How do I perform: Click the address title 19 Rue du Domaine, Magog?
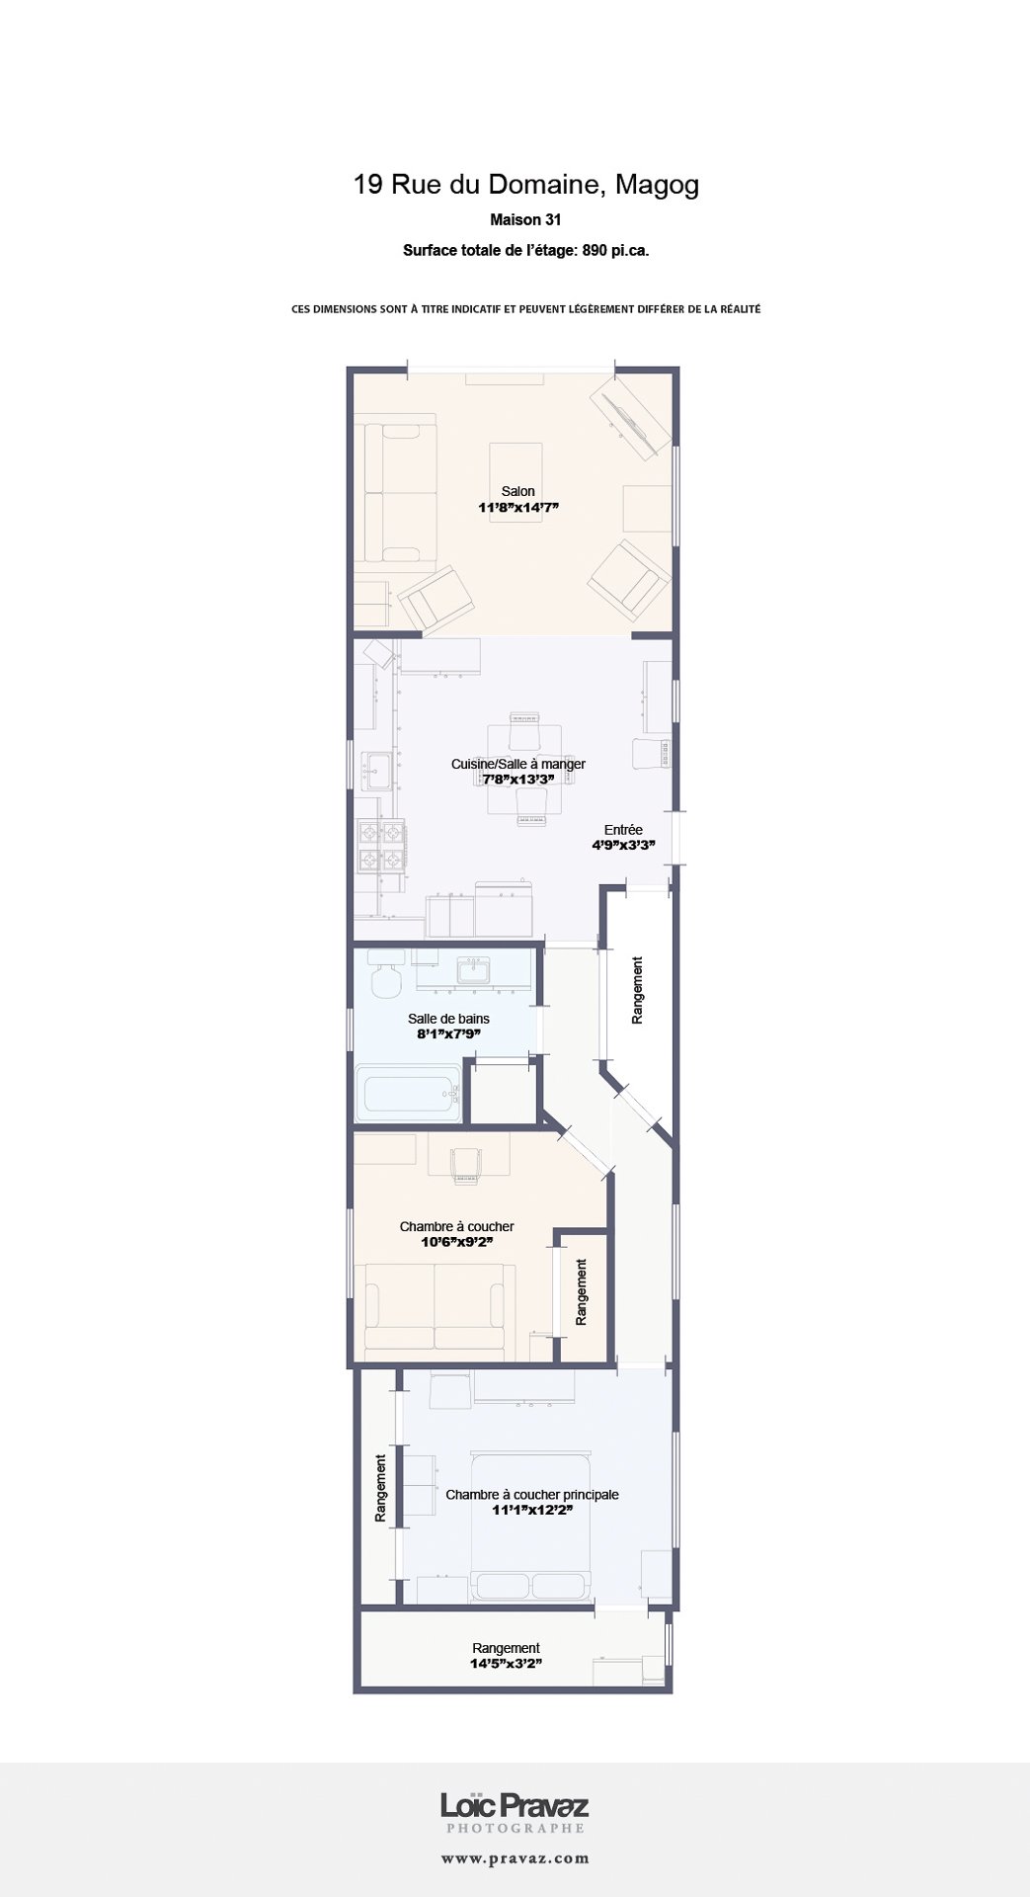(526, 185)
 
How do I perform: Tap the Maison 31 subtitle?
(525, 220)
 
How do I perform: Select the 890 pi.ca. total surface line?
(525, 251)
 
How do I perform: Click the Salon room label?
(518, 491)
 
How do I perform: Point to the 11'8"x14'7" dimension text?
(518, 508)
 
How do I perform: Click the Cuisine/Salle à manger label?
(518, 764)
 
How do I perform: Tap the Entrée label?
(623, 830)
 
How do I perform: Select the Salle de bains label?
(448, 1019)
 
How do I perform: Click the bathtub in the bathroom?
(409, 1094)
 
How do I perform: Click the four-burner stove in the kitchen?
(380, 847)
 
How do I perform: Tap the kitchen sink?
(375, 770)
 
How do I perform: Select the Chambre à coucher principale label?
(532, 1495)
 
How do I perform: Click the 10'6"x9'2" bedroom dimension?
(457, 1242)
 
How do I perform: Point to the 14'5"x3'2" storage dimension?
(506, 1664)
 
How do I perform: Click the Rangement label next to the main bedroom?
(380, 1487)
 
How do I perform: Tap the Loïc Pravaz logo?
(515, 1807)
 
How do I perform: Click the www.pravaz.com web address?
(515, 1858)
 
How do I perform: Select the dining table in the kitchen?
(524, 770)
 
